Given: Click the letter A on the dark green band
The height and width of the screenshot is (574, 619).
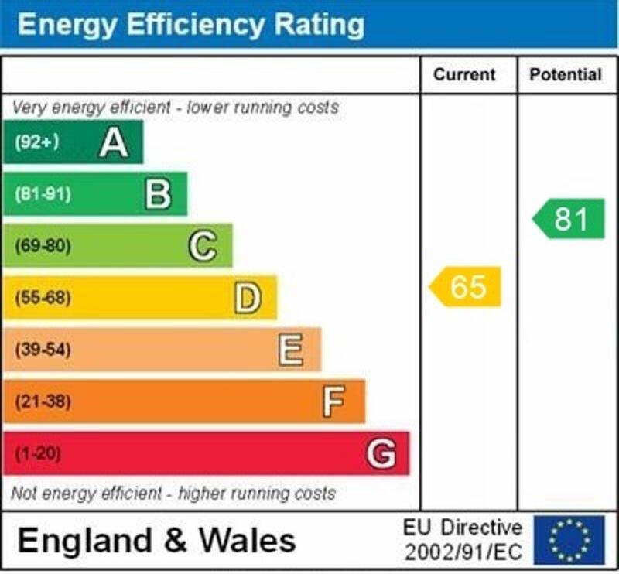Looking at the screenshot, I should click(x=114, y=142).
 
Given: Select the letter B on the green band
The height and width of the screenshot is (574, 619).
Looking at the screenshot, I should click(x=158, y=194).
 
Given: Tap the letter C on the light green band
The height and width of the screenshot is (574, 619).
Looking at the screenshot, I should click(x=202, y=246).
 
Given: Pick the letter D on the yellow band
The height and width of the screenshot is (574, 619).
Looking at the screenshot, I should click(x=247, y=298).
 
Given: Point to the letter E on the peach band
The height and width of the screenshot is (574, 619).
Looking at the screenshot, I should click(x=291, y=350).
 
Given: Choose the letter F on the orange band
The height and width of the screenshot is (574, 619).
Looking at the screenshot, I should click(x=333, y=401).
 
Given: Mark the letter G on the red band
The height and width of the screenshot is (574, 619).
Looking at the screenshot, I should click(x=381, y=453).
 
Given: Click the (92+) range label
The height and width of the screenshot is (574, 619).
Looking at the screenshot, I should click(x=36, y=142).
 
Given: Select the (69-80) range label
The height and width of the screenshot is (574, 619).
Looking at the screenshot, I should click(x=43, y=246).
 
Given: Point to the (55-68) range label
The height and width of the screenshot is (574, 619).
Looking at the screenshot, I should click(x=43, y=298).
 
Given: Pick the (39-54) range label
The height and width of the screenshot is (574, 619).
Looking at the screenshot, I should click(x=43, y=350).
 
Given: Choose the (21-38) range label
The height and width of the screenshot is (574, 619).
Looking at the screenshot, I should click(x=43, y=401).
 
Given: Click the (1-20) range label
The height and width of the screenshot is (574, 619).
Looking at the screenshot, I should click(x=38, y=453).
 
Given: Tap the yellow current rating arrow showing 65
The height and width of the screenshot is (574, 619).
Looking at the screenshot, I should click(x=466, y=287).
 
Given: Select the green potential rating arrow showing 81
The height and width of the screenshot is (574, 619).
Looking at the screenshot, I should click(x=569, y=219).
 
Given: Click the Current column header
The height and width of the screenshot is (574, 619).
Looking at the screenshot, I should click(x=464, y=75).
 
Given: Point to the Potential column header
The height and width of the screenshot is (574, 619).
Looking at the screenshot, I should click(x=566, y=75).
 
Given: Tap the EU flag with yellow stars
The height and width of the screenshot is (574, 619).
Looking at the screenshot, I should click(x=569, y=539).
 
